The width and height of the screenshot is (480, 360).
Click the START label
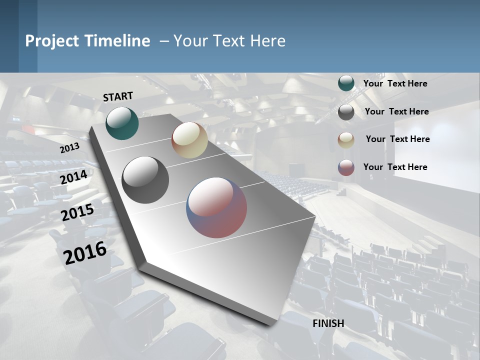[x=118, y=96]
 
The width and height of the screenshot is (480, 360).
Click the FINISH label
[x=328, y=323]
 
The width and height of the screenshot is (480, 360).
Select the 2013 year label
[x=70, y=147]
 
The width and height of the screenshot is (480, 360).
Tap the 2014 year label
[x=74, y=177]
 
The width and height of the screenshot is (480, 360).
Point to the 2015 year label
[x=77, y=212]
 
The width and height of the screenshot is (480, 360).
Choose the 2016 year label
[x=85, y=252]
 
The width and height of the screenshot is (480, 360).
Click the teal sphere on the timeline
[x=122, y=123]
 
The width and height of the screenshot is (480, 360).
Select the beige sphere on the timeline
[x=189, y=140]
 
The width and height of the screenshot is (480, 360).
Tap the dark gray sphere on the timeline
[x=145, y=180]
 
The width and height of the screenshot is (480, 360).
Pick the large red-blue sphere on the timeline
[x=216, y=207]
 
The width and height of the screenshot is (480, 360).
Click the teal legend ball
[x=346, y=83]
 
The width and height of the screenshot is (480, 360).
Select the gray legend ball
[x=346, y=112]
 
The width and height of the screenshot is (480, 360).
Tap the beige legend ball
[x=346, y=140]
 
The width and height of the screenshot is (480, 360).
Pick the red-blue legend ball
[x=346, y=167]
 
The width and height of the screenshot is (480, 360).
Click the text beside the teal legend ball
[x=395, y=83]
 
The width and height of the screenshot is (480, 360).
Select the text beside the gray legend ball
[x=396, y=111]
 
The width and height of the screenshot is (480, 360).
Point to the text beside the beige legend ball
[x=397, y=139]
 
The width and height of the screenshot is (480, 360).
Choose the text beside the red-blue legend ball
[x=395, y=167]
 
